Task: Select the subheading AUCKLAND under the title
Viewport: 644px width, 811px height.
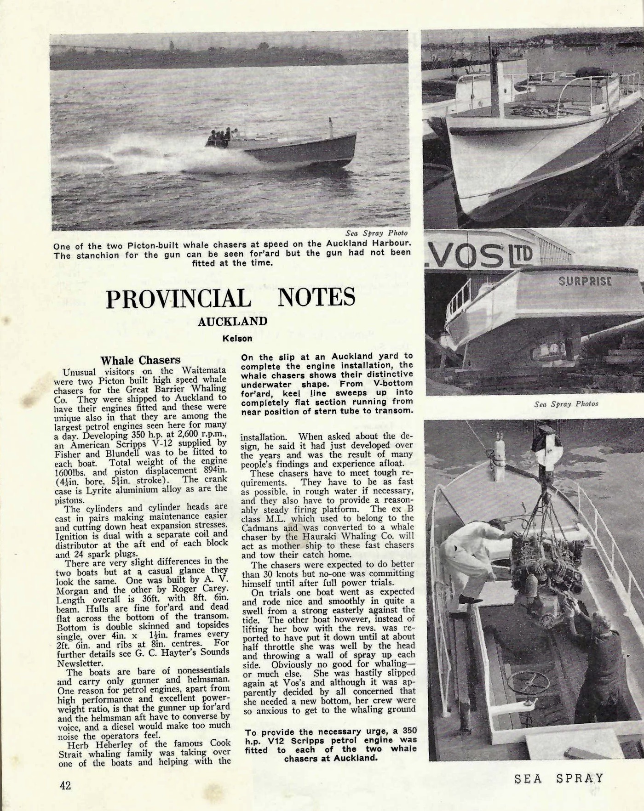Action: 232,321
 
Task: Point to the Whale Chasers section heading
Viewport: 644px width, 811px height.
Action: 140,360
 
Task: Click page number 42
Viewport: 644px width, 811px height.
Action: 65,785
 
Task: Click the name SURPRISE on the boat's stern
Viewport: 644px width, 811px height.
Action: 585,281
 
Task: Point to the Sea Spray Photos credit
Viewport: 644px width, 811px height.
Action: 566,404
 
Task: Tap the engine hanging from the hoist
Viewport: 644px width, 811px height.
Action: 543,570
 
